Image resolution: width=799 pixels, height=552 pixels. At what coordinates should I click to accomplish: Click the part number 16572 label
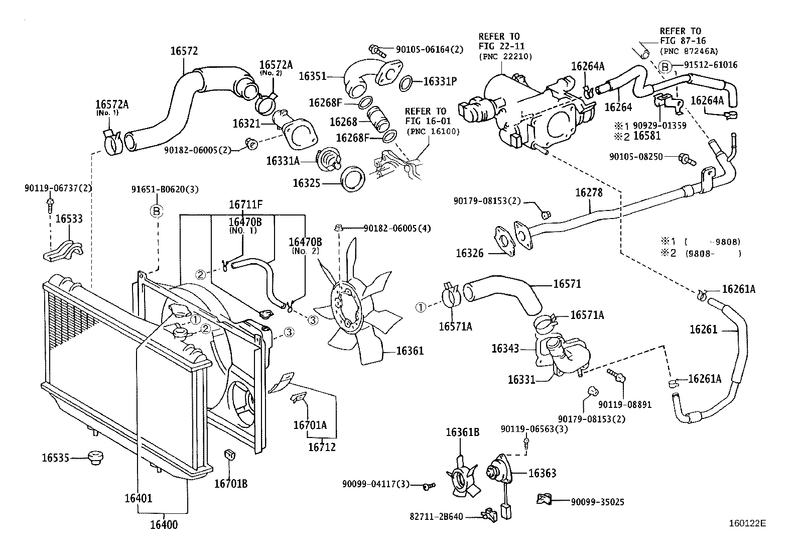coord(184,51)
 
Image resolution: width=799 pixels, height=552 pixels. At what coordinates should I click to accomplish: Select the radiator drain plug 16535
coord(94,458)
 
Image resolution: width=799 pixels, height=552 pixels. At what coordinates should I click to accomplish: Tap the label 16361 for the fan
coord(410,351)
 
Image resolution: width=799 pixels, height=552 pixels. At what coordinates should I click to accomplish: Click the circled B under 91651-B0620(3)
coord(156,211)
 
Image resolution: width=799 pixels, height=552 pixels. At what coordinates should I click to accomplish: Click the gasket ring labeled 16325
coord(352,180)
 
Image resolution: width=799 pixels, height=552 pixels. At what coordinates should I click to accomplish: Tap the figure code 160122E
coord(747,523)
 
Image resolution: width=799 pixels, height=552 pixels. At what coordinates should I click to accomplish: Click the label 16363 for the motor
coord(542,473)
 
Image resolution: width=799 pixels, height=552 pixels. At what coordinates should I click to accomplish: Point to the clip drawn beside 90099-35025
coord(544,499)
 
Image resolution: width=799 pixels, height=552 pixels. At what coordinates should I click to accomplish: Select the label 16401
coord(139,498)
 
